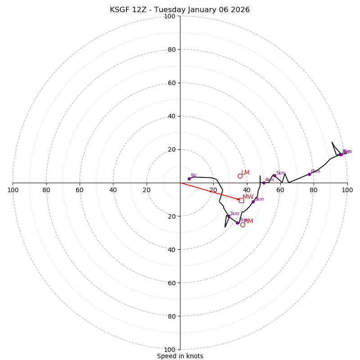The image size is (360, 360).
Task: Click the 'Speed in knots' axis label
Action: pos(180,356)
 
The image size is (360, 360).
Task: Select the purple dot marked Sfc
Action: pos(189,179)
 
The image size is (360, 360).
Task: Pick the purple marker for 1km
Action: pos(229,216)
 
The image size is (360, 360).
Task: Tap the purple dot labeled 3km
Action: pos(253,202)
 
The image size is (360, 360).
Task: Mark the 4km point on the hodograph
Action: pos(264,183)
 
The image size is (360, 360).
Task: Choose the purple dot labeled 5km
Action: pos(274,175)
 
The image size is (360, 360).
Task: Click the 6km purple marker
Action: pos(309,174)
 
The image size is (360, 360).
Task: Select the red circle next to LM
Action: pos(240,176)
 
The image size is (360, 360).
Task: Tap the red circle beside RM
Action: pos(243,225)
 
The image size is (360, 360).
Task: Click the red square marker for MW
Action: pos(241,200)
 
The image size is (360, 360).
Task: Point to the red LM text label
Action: pos(245,173)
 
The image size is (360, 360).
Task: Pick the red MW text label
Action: pos(248,197)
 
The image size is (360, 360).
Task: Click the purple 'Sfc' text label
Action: pos(193,176)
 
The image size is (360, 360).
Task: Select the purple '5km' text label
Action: pos(280,173)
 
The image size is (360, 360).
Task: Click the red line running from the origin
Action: pos(209,191)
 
